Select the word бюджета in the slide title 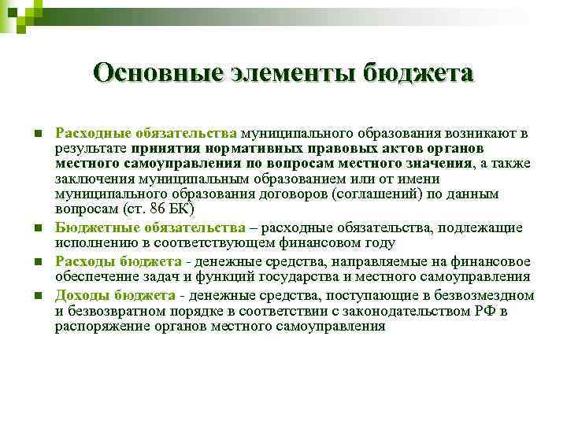419,74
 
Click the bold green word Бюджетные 89,227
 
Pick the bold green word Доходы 80,295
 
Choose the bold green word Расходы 83,261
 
